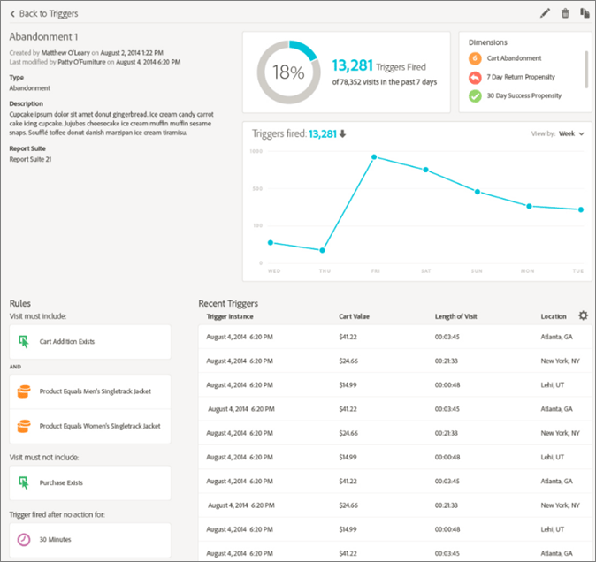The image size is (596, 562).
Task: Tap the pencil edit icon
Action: click(x=545, y=13)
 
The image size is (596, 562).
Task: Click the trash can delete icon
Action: click(x=565, y=13)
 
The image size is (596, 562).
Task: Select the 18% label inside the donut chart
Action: click(x=287, y=72)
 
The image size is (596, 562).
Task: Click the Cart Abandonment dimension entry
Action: click(x=514, y=58)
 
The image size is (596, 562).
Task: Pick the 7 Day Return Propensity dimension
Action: click(x=521, y=77)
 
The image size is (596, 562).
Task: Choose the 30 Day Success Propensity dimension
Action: click(x=523, y=95)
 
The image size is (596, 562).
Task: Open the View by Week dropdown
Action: click(x=570, y=133)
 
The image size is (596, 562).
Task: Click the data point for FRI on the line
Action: click(x=374, y=157)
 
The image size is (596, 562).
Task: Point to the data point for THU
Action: click(x=323, y=251)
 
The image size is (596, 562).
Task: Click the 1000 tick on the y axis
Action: click(x=256, y=152)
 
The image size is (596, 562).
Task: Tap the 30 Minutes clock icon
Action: click(x=24, y=539)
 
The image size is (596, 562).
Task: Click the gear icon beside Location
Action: click(x=583, y=315)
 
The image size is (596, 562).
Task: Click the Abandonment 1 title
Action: click(x=44, y=37)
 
